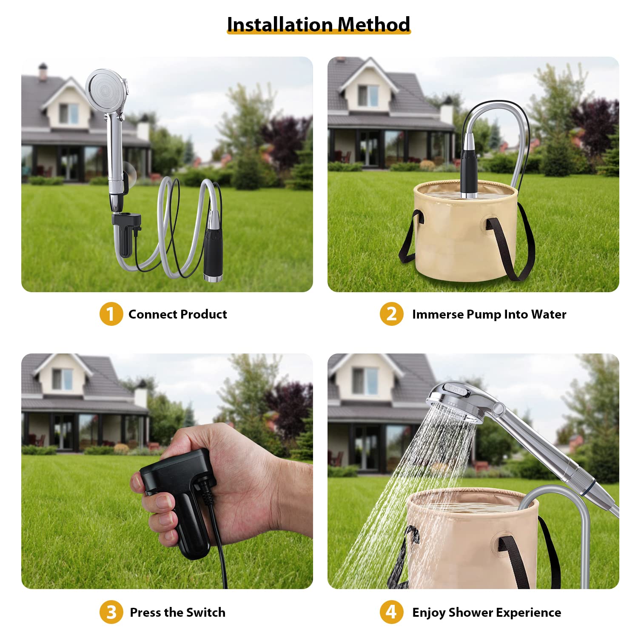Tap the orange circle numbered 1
coord(111,314)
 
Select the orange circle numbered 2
coord(391,314)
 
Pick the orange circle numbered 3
coord(111,612)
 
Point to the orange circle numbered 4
coord(391,612)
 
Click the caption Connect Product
coord(178,314)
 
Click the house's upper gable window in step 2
coord(368,95)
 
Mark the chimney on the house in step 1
coord(43,72)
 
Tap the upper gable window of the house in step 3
coord(63,379)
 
